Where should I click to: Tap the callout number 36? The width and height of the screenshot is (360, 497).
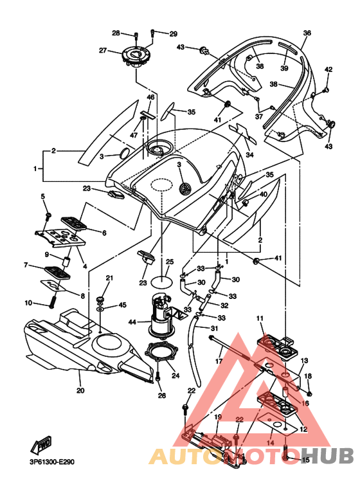(x=307, y=33)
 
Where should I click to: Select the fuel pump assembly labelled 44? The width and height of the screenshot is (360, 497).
(x=161, y=315)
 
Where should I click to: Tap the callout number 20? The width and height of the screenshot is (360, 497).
(x=80, y=390)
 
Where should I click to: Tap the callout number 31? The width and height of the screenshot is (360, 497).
(x=214, y=328)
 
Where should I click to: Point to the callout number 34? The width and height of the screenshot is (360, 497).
(x=250, y=155)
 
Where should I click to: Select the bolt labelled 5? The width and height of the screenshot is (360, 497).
(x=48, y=216)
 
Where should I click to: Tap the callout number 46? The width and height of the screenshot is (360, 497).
(x=150, y=97)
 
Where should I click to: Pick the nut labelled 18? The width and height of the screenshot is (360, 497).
(x=310, y=393)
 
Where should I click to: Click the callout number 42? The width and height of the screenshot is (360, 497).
(x=328, y=69)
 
